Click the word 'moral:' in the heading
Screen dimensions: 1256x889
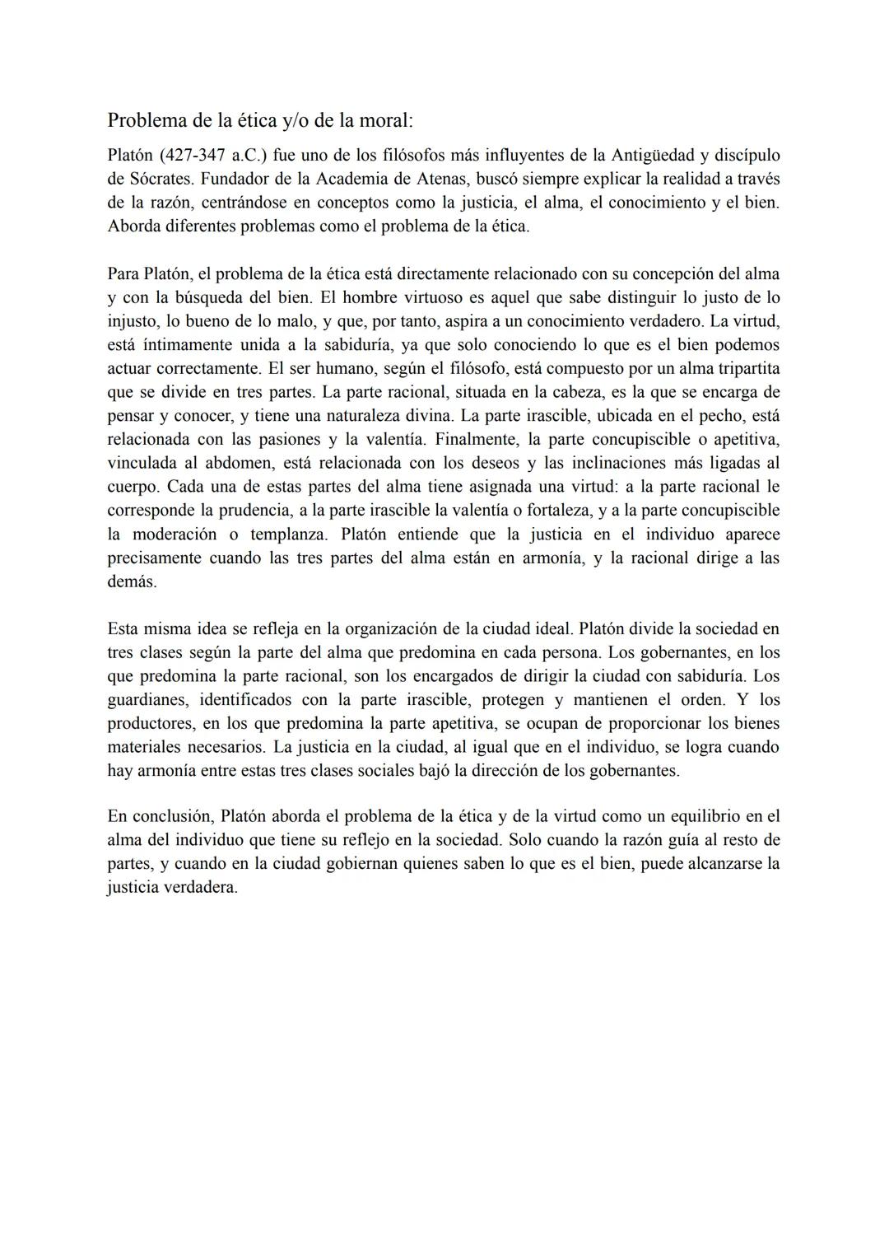click(x=385, y=120)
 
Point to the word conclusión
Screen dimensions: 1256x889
click(x=170, y=816)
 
